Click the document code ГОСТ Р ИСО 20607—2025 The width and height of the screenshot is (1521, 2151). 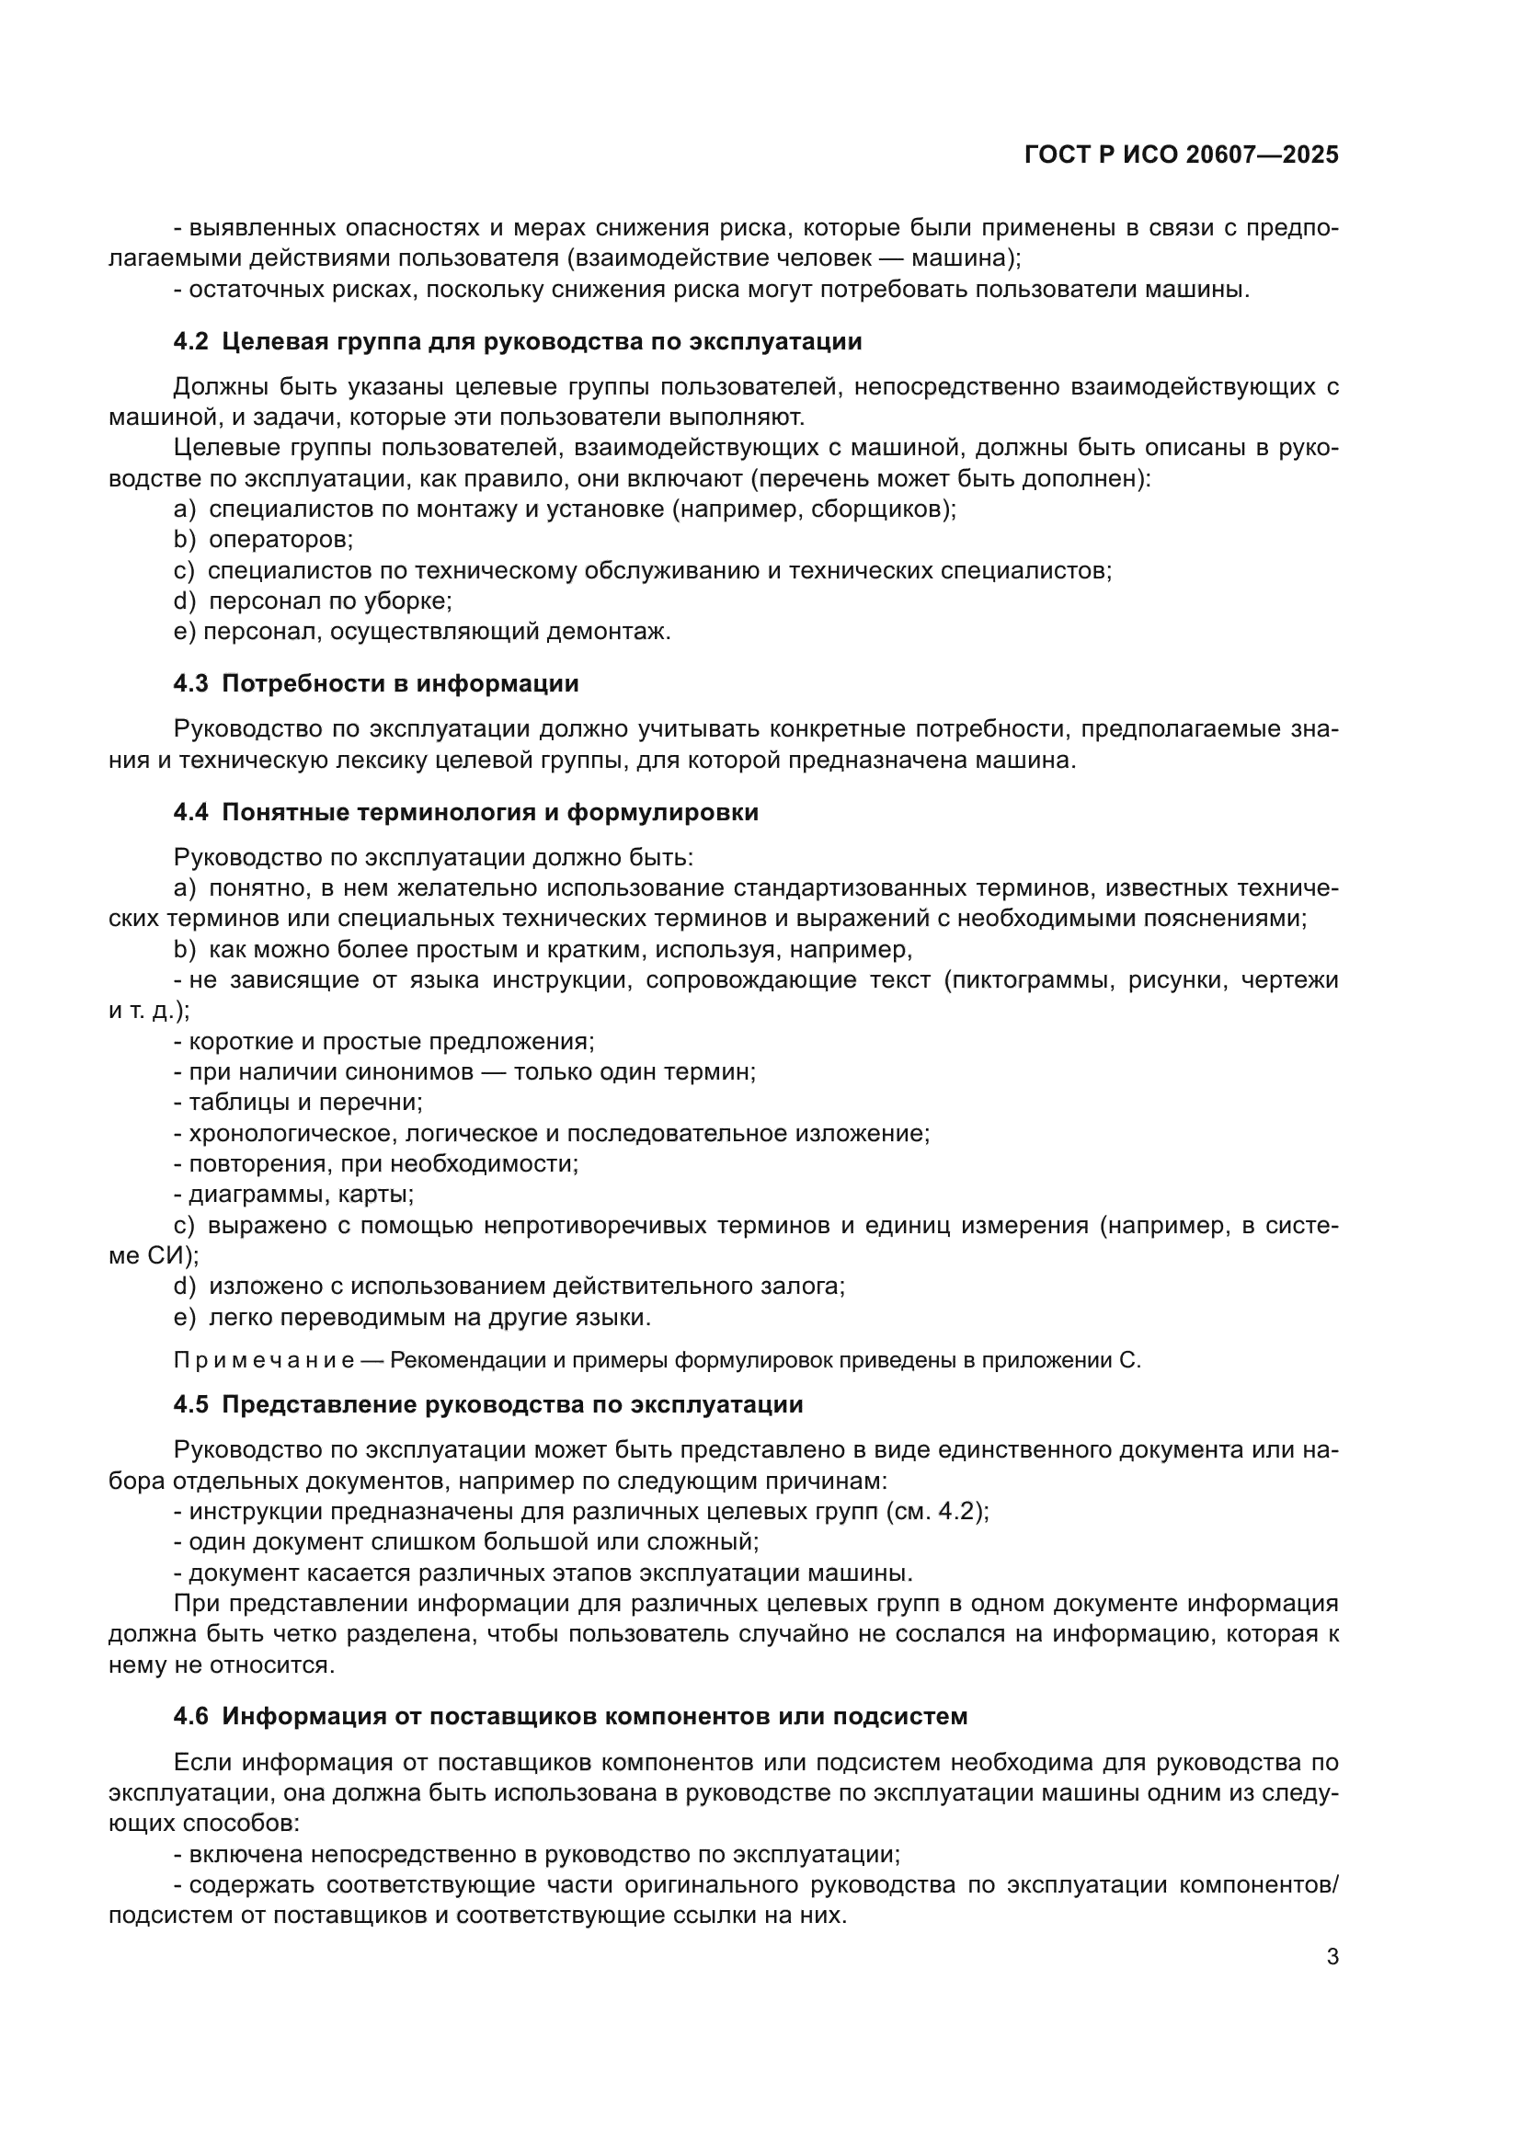(1181, 154)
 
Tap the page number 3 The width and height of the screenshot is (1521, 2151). (1332, 1956)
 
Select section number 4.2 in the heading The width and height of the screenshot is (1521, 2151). (191, 342)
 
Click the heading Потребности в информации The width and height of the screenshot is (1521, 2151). (400, 684)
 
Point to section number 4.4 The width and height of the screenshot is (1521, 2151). (191, 812)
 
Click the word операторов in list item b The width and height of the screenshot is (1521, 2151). (280, 540)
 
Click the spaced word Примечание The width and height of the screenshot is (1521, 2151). (263, 1360)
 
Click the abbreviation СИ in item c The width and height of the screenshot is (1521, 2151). (167, 1256)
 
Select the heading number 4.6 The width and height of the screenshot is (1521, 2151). (191, 1716)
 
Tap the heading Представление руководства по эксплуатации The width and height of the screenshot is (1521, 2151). (512, 1404)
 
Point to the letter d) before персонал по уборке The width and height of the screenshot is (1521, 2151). (184, 601)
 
